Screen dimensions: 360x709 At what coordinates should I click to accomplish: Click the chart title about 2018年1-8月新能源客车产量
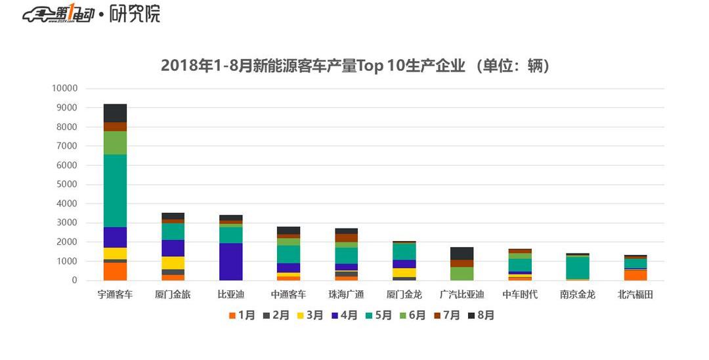(x=354, y=66)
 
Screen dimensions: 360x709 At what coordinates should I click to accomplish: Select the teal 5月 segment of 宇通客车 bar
(x=115, y=191)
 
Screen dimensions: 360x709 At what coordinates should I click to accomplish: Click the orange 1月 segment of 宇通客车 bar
(x=115, y=271)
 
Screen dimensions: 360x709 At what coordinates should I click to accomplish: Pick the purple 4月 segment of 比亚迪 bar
(x=230, y=261)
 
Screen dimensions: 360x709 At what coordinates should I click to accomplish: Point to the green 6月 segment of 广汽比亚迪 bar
(x=462, y=273)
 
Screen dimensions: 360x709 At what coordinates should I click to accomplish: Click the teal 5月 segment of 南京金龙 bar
(x=577, y=267)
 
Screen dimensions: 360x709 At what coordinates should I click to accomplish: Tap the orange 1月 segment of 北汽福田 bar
(x=635, y=275)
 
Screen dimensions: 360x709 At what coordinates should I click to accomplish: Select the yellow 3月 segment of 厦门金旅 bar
(x=173, y=263)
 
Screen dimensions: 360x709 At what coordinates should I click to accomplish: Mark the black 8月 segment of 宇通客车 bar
(x=115, y=113)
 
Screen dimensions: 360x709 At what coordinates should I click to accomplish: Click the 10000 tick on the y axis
(x=65, y=89)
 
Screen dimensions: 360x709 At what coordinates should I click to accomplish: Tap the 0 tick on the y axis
(x=74, y=281)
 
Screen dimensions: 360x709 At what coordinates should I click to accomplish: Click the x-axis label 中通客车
(x=288, y=294)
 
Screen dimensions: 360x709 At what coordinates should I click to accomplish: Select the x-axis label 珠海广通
(x=346, y=294)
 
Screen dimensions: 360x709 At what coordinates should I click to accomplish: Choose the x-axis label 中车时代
(x=519, y=294)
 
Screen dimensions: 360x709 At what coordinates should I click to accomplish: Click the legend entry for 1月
(x=242, y=315)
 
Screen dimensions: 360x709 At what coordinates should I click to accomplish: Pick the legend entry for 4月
(x=345, y=315)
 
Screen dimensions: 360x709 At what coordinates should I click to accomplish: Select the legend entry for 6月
(x=413, y=315)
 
